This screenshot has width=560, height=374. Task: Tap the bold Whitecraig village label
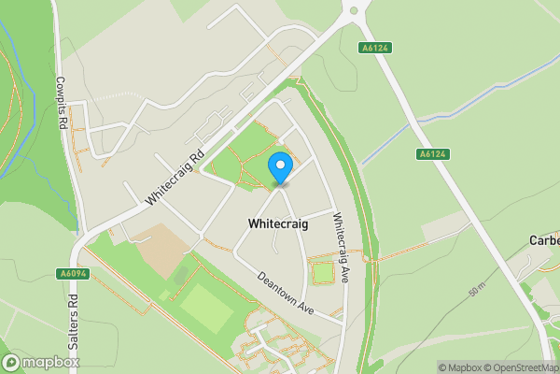tap(279, 224)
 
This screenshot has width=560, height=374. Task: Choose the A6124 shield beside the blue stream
tap(432, 153)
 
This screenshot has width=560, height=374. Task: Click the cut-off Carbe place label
tap(543, 239)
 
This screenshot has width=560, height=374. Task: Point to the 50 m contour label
tap(477, 291)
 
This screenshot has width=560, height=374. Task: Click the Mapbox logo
tap(41, 362)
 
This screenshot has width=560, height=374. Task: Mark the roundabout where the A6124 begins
tap(352, 13)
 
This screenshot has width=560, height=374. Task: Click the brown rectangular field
tap(166, 248)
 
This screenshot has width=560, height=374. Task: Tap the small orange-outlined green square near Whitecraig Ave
tap(323, 273)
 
